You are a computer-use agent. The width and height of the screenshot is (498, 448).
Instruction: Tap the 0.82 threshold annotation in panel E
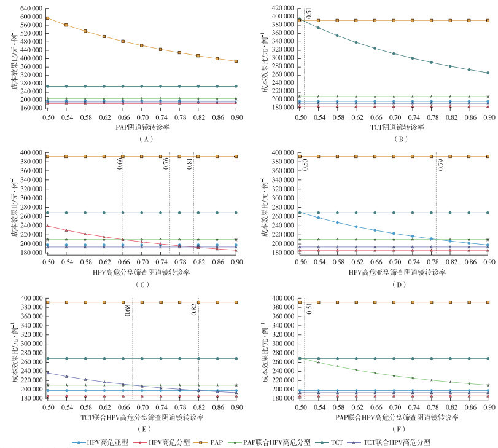pyautogui.click(x=195, y=309)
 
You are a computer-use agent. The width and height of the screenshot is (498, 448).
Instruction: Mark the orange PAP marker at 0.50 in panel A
pyautogui.click(x=48, y=18)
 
